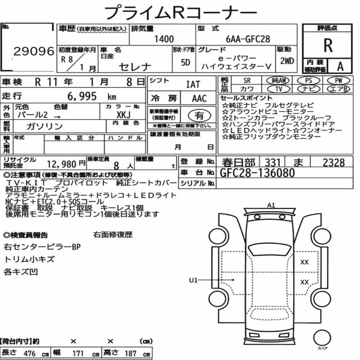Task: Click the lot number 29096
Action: [x=34, y=51]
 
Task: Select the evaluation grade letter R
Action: [x=328, y=45]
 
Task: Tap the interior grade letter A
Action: [x=340, y=67]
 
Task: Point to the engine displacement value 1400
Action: [x=164, y=39]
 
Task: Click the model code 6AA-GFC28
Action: [x=248, y=39]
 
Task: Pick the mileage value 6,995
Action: [x=82, y=96]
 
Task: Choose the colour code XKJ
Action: [x=123, y=114]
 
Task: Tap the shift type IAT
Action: [x=193, y=84]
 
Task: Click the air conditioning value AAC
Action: [x=199, y=99]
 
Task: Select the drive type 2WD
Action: [x=287, y=61]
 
